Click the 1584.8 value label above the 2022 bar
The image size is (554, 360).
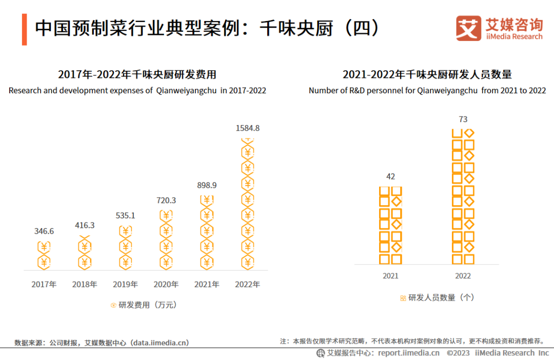point(247,128)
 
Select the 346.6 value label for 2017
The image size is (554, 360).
point(44,231)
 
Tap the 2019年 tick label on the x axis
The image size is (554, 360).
point(125,284)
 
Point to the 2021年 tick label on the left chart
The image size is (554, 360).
point(207,284)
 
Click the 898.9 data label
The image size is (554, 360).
point(207,185)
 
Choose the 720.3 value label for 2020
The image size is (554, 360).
point(166,200)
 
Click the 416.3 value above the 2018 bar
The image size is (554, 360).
point(85,225)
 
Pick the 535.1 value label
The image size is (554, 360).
point(125,215)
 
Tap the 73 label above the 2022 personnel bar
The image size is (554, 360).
point(463,119)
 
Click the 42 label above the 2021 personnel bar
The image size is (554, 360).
point(390,176)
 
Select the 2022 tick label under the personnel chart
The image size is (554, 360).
point(463,276)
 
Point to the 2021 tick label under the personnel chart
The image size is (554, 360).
point(390,276)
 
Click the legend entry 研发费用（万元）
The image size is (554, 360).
point(144,305)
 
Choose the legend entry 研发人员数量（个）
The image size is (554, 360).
point(438,297)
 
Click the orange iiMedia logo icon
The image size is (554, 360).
point(469,28)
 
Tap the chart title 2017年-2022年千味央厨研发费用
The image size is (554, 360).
point(137,75)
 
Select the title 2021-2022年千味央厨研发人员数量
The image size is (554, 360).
point(427,75)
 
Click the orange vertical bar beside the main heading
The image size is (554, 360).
point(24,29)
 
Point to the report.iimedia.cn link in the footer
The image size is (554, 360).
point(408,353)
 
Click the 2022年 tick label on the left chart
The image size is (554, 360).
point(247,284)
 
